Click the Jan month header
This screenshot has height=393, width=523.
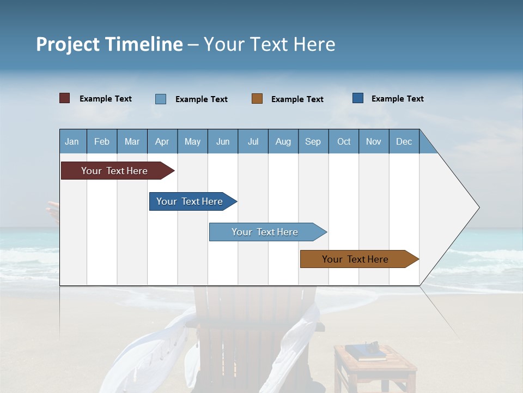[x=72, y=141]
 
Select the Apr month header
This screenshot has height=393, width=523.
[x=162, y=141]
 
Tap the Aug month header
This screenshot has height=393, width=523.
[x=283, y=141]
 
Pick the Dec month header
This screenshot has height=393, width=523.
[x=404, y=141]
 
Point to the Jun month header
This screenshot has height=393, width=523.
[x=223, y=141]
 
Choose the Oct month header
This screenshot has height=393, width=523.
[x=344, y=141]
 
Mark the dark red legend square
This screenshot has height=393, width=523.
[x=65, y=98]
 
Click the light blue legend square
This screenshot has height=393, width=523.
[x=161, y=99]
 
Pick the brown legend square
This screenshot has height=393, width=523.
[x=257, y=99]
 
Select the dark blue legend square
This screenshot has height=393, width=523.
[x=358, y=98]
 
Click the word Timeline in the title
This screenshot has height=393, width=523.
[x=144, y=44]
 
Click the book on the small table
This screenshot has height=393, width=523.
[x=365, y=353]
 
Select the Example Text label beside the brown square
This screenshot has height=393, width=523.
[x=297, y=99]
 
